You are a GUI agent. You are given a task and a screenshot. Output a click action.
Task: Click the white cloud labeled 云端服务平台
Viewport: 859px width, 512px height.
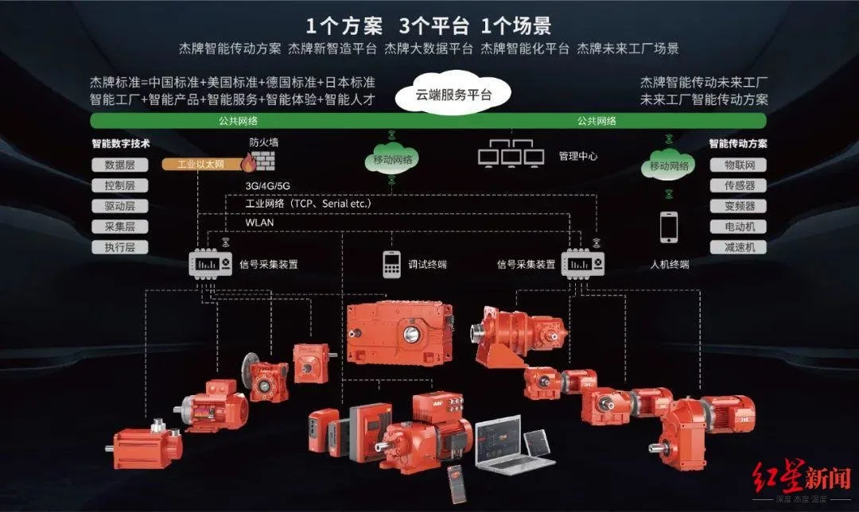coord(453,93)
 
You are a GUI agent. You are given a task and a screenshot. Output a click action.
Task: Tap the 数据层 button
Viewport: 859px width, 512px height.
coord(120,165)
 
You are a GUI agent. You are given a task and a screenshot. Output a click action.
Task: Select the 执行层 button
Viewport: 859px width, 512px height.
coord(120,247)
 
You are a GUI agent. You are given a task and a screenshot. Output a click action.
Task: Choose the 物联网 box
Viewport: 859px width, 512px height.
coord(738,165)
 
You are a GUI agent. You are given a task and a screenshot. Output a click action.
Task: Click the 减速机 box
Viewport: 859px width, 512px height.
coord(738,247)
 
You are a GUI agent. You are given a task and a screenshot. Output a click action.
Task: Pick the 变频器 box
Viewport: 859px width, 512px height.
coord(738,207)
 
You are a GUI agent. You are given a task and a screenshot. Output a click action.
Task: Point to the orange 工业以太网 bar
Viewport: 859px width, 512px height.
coord(203,164)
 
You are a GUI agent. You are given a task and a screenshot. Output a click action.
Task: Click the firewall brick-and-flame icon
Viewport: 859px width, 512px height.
coord(258,161)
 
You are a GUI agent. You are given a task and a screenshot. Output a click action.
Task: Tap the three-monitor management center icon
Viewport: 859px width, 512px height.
coord(511,153)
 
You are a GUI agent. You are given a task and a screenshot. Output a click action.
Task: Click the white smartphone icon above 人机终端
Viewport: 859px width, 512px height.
coord(668,227)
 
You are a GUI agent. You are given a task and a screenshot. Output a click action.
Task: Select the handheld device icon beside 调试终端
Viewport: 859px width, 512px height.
coord(391,264)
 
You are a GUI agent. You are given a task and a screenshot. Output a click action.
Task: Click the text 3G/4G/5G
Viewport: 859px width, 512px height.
coord(267,185)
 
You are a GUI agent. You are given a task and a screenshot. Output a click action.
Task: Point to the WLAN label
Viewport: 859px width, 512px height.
coord(259,223)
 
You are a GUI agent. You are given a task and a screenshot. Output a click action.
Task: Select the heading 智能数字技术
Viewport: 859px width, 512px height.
coord(121,143)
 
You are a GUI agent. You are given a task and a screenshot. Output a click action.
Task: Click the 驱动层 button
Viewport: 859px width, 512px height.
coord(120,207)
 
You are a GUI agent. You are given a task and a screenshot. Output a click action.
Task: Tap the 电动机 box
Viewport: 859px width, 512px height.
coord(738,227)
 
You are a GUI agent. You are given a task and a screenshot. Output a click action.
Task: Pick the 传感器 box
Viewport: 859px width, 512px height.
coord(738,185)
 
